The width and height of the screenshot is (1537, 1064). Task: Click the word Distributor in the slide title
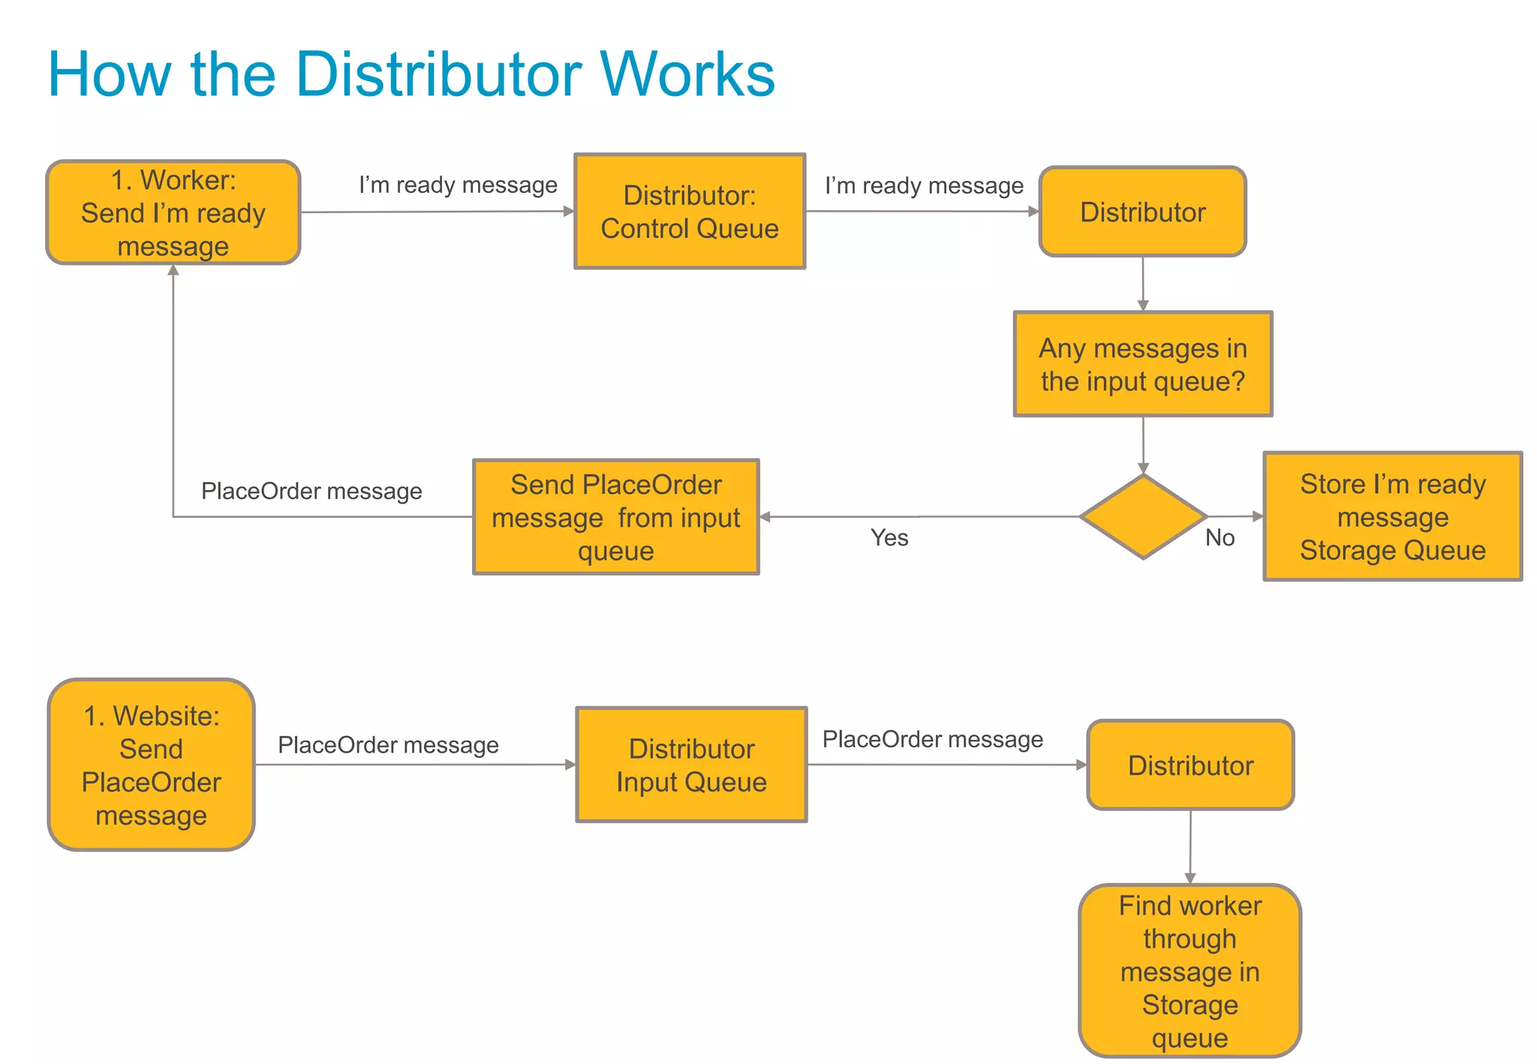coord(439,74)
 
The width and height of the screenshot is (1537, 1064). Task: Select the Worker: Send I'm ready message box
coord(173,212)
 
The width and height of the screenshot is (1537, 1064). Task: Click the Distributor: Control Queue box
coord(690,212)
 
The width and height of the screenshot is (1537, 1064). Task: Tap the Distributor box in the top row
coord(1142,212)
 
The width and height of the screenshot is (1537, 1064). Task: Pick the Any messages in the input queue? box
coord(1142,365)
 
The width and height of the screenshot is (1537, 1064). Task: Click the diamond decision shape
coord(1142,517)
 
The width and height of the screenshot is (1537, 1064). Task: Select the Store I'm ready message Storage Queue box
coord(1392,517)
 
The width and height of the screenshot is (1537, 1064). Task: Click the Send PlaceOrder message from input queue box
coord(615,517)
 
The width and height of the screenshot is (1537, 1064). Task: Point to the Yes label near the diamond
coord(889,538)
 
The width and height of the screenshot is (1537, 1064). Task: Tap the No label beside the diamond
coord(1220,538)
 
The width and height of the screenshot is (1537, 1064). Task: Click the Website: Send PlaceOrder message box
coord(152,765)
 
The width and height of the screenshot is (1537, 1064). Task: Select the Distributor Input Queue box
coord(691,765)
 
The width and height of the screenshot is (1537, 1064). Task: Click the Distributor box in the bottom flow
coord(1190,765)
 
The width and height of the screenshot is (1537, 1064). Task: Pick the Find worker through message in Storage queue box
coord(1190,971)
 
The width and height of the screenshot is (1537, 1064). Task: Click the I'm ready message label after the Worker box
coord(458,185)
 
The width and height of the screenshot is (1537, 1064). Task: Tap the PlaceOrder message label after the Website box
coord(388,745)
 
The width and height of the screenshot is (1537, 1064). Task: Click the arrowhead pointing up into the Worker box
coord(173,271)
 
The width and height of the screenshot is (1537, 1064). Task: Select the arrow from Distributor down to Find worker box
coord(1190,846)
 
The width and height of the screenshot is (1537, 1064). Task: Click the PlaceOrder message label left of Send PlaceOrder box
coord(311,491)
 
